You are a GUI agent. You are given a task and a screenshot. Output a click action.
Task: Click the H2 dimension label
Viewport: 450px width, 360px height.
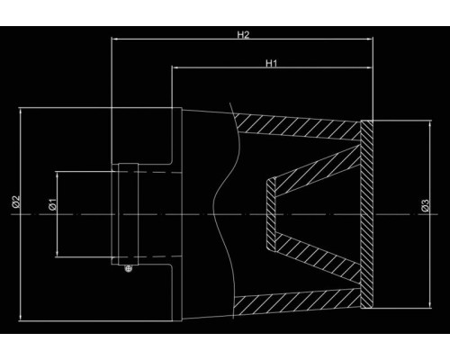(x=243, y=35)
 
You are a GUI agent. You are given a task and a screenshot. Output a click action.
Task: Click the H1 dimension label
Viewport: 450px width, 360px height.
(x=272, y=63)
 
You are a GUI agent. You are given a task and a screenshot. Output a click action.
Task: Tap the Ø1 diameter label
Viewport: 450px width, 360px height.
(x=52, y=204)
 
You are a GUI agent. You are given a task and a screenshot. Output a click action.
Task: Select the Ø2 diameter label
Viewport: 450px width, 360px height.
(x=15, y=202)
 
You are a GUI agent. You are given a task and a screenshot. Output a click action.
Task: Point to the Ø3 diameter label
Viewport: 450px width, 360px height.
(x=425, y=205)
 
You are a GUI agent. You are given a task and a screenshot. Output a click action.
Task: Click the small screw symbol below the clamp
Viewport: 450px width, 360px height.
(x=129, y=268)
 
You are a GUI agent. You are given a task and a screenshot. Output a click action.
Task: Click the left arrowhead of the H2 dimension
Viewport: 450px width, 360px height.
(x=114, y=39)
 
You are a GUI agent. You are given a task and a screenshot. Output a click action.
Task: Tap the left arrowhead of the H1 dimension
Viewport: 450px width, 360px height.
(x=175, y=67)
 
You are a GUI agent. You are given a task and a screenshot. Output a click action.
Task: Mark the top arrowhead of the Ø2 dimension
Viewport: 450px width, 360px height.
(x=21, y=112)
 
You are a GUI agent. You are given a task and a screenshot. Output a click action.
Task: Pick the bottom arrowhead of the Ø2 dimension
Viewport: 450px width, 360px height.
(x=21, y=318)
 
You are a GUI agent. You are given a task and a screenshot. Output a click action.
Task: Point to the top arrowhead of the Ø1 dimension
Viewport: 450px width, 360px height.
(x=57, y=175)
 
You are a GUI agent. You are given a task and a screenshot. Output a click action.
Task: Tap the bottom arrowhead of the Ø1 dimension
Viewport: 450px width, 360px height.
(x=57, y=253)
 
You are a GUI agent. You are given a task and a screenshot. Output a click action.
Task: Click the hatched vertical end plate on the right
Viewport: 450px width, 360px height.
(x=366, y=214)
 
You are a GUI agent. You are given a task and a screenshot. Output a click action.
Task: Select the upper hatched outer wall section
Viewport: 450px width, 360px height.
(x=297, y=127)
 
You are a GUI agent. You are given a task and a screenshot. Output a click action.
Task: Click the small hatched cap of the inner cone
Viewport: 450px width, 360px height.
(x=271, y=214)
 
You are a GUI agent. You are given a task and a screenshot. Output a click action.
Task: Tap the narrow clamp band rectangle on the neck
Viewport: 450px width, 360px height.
(x=128, y=214)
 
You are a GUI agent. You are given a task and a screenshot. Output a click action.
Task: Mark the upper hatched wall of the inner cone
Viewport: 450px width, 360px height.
(x=318, y=169)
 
